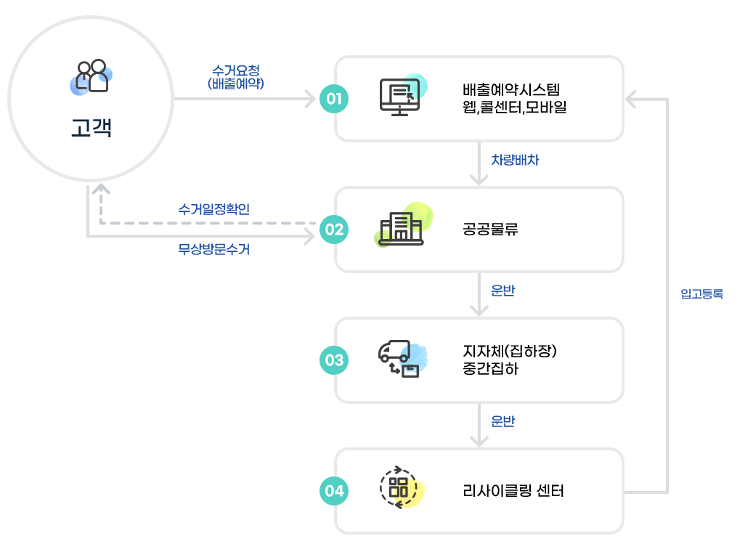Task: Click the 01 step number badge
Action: coord(334,99)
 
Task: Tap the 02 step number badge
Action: coord(334,230)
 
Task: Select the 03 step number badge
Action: coord(334,360)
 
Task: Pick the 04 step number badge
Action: coord(334,491)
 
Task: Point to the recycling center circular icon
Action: coord(399,487)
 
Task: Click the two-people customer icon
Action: coord(93,76)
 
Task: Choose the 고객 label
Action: coord(91,129)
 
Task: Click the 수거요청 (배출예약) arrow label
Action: coord(235,76)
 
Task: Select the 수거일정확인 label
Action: coord(213,209)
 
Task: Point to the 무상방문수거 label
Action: coord(213,250)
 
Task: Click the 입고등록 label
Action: coord(701,295)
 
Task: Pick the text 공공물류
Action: coord(490,230)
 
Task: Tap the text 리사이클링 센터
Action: coord(513,491)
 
